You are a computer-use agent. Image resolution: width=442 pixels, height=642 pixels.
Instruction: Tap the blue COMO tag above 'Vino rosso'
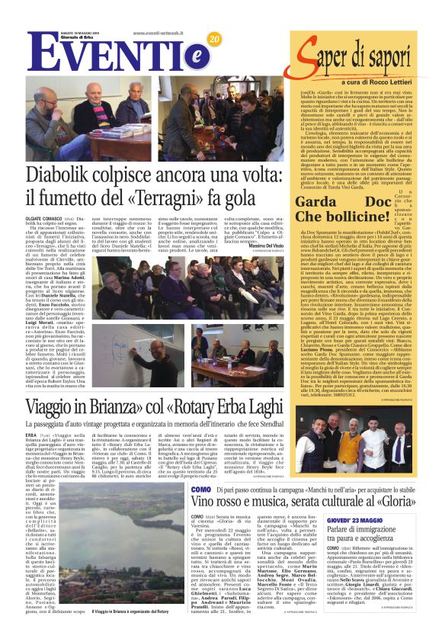(x=200, y=488)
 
